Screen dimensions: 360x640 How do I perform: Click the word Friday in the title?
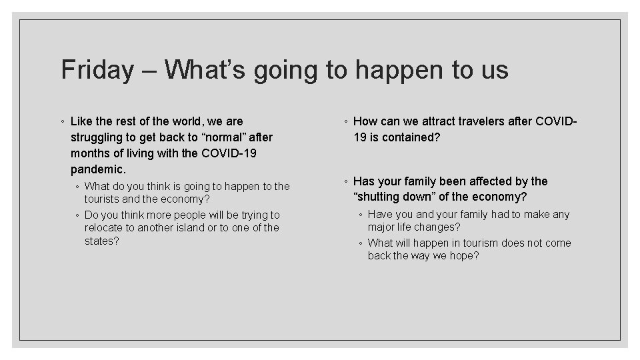pos(97,69)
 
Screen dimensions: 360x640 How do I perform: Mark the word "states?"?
pos(102,241)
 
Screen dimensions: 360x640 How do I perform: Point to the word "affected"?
pos(481,181)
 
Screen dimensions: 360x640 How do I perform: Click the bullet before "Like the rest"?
pos(62,122)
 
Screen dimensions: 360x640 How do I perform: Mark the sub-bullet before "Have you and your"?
pos(360,215)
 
